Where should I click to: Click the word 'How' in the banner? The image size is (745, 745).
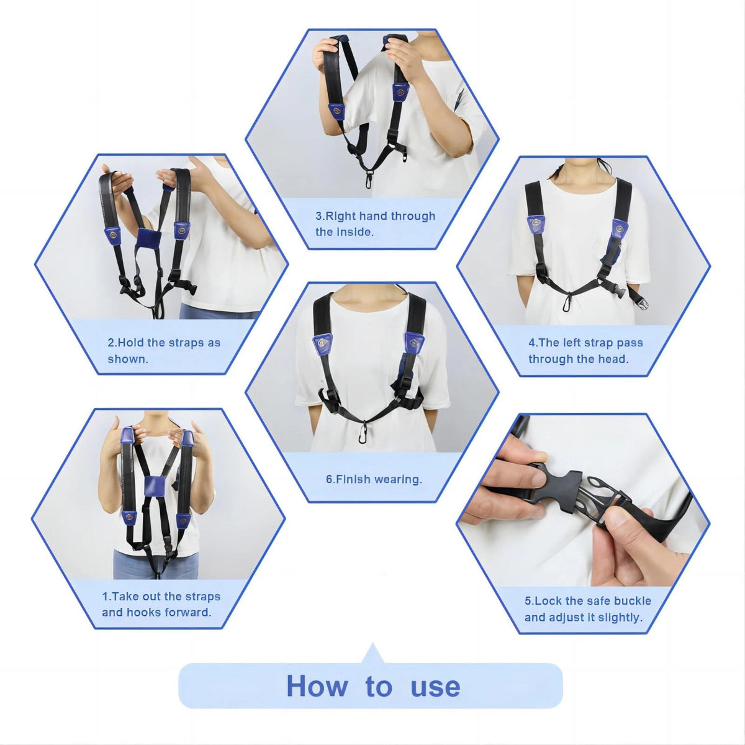(317, 687)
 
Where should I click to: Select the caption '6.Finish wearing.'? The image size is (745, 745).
(374, 479)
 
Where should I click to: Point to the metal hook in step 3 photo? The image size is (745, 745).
(368, 179)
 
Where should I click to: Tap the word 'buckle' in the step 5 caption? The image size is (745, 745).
(633, 601)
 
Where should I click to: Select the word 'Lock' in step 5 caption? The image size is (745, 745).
(546, 601)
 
